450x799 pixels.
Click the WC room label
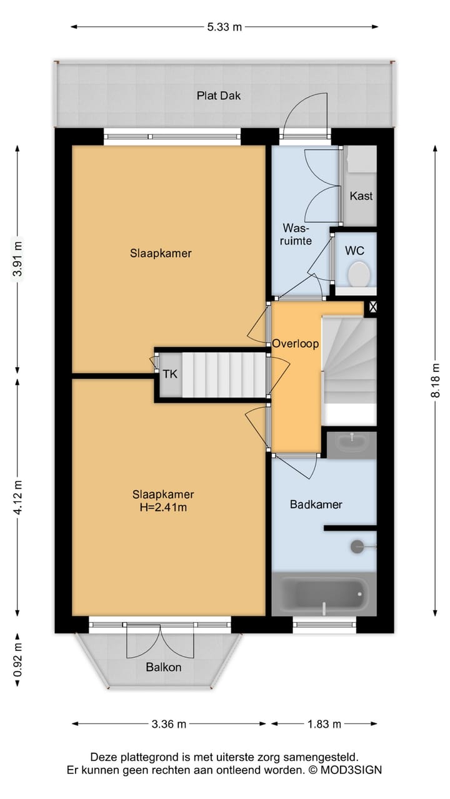(x=355, y=250)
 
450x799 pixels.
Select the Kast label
(x=361, y=196)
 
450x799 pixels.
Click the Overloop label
(x=296, y=343)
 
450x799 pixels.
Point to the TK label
(x=169, y=375)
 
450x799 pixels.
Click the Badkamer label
(x=316, y=504)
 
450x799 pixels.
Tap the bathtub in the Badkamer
(x=323, y=594)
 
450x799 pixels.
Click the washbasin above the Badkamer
(x=352, y=444)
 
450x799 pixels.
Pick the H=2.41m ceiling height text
(x=163, y=507)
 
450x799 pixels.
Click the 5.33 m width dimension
(x=224, y=27)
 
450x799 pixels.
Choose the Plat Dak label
(x=218, y=96)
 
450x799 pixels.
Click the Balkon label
(x=164, y=667)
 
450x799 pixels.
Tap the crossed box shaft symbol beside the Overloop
(x=373, y=306)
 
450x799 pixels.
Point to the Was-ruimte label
(x=297, y=235)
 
